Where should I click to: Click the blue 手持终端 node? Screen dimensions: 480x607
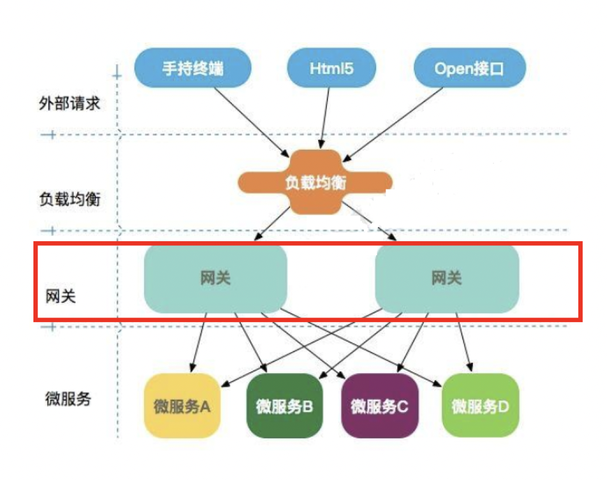193,68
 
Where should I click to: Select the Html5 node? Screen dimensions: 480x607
331,68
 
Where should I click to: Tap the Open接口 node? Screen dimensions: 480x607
469,68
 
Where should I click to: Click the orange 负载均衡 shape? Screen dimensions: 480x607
315,183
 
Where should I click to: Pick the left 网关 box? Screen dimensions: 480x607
215,278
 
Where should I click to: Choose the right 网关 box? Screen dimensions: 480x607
446,278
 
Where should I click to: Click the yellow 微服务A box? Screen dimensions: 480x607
182,406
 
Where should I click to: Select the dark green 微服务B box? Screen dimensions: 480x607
285,406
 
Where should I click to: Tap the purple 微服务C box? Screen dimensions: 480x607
379,406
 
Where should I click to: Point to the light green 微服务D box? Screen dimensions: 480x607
480,406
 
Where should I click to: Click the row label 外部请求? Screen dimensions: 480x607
69,104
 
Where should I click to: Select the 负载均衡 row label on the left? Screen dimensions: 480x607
69,200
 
